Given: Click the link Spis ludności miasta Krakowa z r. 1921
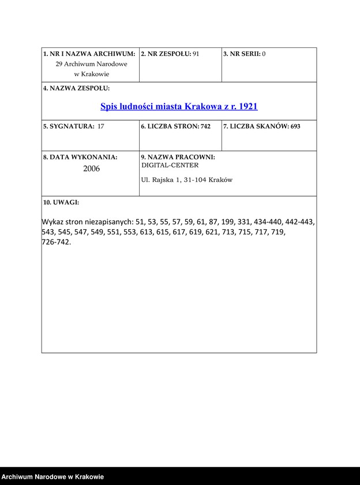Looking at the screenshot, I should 179,106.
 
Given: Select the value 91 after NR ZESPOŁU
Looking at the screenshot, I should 196,54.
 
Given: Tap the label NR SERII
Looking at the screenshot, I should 241,54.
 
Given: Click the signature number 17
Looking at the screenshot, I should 101,126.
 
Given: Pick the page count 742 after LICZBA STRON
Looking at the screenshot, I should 205,126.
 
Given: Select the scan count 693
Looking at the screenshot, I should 295,126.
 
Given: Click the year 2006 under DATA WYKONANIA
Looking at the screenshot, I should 91,169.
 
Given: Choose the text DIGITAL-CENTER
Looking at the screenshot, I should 170,165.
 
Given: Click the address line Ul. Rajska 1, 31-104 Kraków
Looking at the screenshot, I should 186,180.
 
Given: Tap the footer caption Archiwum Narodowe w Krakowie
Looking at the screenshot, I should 52,477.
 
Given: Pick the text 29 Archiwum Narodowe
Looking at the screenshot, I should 91,64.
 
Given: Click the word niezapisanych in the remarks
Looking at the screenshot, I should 109,222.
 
